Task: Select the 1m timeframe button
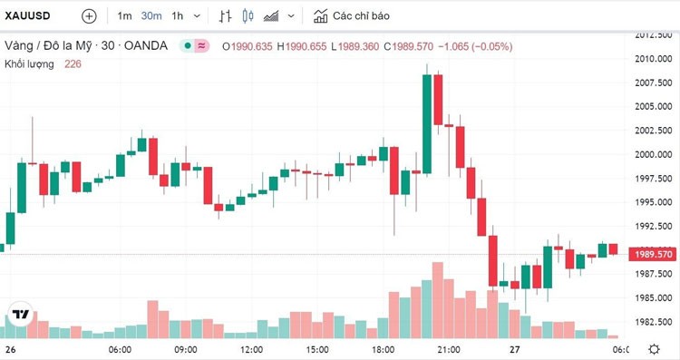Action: (124, 15)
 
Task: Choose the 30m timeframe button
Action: (151, 15)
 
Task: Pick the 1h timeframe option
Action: (177, 15)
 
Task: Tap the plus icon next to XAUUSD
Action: (88, 15)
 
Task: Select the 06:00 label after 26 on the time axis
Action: (120, 349)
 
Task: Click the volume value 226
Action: (73, 63)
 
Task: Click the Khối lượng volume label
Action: (29, 63)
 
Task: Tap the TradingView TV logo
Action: (19, 316)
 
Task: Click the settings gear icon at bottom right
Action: (655, 349)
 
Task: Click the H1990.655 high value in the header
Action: (302, 45)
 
